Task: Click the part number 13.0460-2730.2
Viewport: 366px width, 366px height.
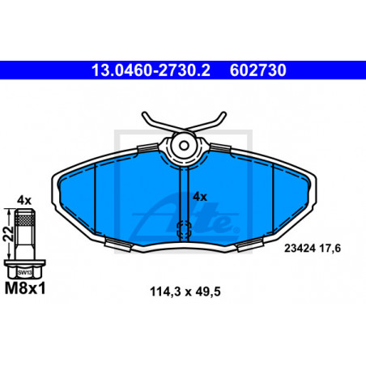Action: coord(151,70)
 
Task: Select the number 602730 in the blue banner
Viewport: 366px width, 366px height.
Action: coord(257,70)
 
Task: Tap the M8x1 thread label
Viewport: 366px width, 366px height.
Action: coord(25,288)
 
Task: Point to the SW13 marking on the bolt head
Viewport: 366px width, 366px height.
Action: coord(25,272)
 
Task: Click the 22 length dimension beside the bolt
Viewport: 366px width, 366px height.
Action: coord(8,233)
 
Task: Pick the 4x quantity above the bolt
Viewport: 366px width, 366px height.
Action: coord(24,201)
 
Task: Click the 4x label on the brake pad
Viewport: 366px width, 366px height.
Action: coord(200,197)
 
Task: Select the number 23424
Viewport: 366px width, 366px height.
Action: coord(300,249)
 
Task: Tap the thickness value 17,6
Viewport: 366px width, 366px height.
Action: coord(330,249)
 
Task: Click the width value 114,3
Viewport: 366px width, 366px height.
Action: coord(165,292)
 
